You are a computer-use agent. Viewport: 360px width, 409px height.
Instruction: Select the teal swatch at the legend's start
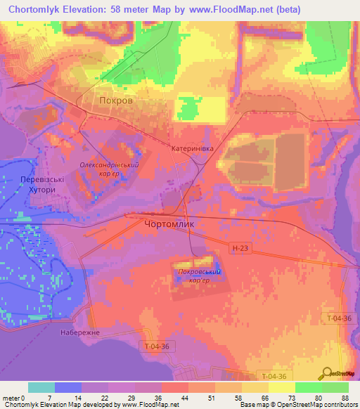[x=41, y=387]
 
